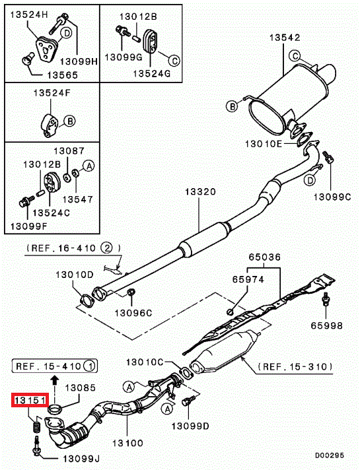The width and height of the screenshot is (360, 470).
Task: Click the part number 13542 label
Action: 285,38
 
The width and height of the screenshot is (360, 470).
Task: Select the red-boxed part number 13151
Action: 30,400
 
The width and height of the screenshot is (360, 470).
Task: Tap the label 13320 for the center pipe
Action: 200,191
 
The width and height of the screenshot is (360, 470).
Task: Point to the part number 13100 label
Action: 127,443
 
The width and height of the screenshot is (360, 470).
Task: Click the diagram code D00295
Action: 330,455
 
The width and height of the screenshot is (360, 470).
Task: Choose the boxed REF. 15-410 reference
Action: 55,366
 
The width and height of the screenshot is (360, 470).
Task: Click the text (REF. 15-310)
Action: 295,366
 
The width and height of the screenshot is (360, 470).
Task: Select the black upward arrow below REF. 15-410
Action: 54,380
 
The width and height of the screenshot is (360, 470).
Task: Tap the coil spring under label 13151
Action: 36,427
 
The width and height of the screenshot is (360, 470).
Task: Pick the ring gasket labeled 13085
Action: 55,409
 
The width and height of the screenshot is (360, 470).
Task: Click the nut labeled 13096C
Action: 131,292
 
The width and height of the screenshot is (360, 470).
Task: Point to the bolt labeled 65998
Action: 326,300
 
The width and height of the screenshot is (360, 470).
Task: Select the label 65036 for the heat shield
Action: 265,257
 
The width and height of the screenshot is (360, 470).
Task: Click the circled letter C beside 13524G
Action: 174,61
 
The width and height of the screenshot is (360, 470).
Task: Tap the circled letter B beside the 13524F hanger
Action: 69,121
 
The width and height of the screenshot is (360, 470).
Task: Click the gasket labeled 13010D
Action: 87,300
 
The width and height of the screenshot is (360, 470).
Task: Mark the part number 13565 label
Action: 62,75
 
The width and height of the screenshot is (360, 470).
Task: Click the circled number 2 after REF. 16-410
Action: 106,248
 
